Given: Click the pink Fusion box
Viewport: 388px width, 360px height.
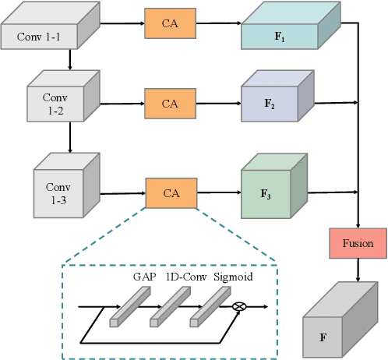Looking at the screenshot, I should tap(358, 243).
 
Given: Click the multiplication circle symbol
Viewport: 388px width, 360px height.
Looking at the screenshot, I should tap(239, 306).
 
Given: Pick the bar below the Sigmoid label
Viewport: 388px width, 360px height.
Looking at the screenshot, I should tap(210, 305).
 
